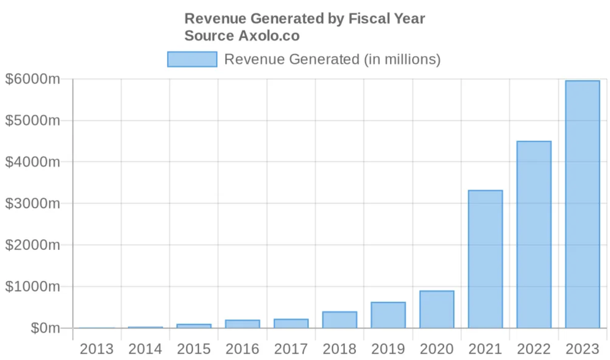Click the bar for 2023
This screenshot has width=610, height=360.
click(x=582, y=204)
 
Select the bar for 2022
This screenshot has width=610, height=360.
click(x=534, y=234)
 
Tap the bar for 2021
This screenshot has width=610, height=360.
click(x=485, y=259)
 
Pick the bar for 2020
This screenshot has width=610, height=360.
click(x=437, y=309)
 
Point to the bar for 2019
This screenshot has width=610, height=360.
click(x=388, y=315)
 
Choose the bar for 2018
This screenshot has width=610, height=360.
click(x=339, y=320)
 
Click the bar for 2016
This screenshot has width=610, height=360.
click(x=242, y=324)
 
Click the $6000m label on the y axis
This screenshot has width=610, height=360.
click(x=32, y=79)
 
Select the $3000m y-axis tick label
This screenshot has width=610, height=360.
click(x=32, y=203)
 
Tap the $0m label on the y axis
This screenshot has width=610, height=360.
click(x=45, y=328)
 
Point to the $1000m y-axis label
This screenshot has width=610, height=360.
click(x=32, y=287)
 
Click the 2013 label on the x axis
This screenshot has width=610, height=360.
click(x=96, y=349)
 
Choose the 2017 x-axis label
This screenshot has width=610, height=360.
click(x=291, y=349)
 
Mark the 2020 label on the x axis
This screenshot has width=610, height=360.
click(x=437, y=349)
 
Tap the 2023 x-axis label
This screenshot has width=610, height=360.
click(x=582, y=349)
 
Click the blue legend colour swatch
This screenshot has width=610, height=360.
click(x=192, y=59)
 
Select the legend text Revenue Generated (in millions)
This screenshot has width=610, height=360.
click(x=332, y=59)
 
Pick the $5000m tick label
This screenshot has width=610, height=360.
click(x=32, y=120)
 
